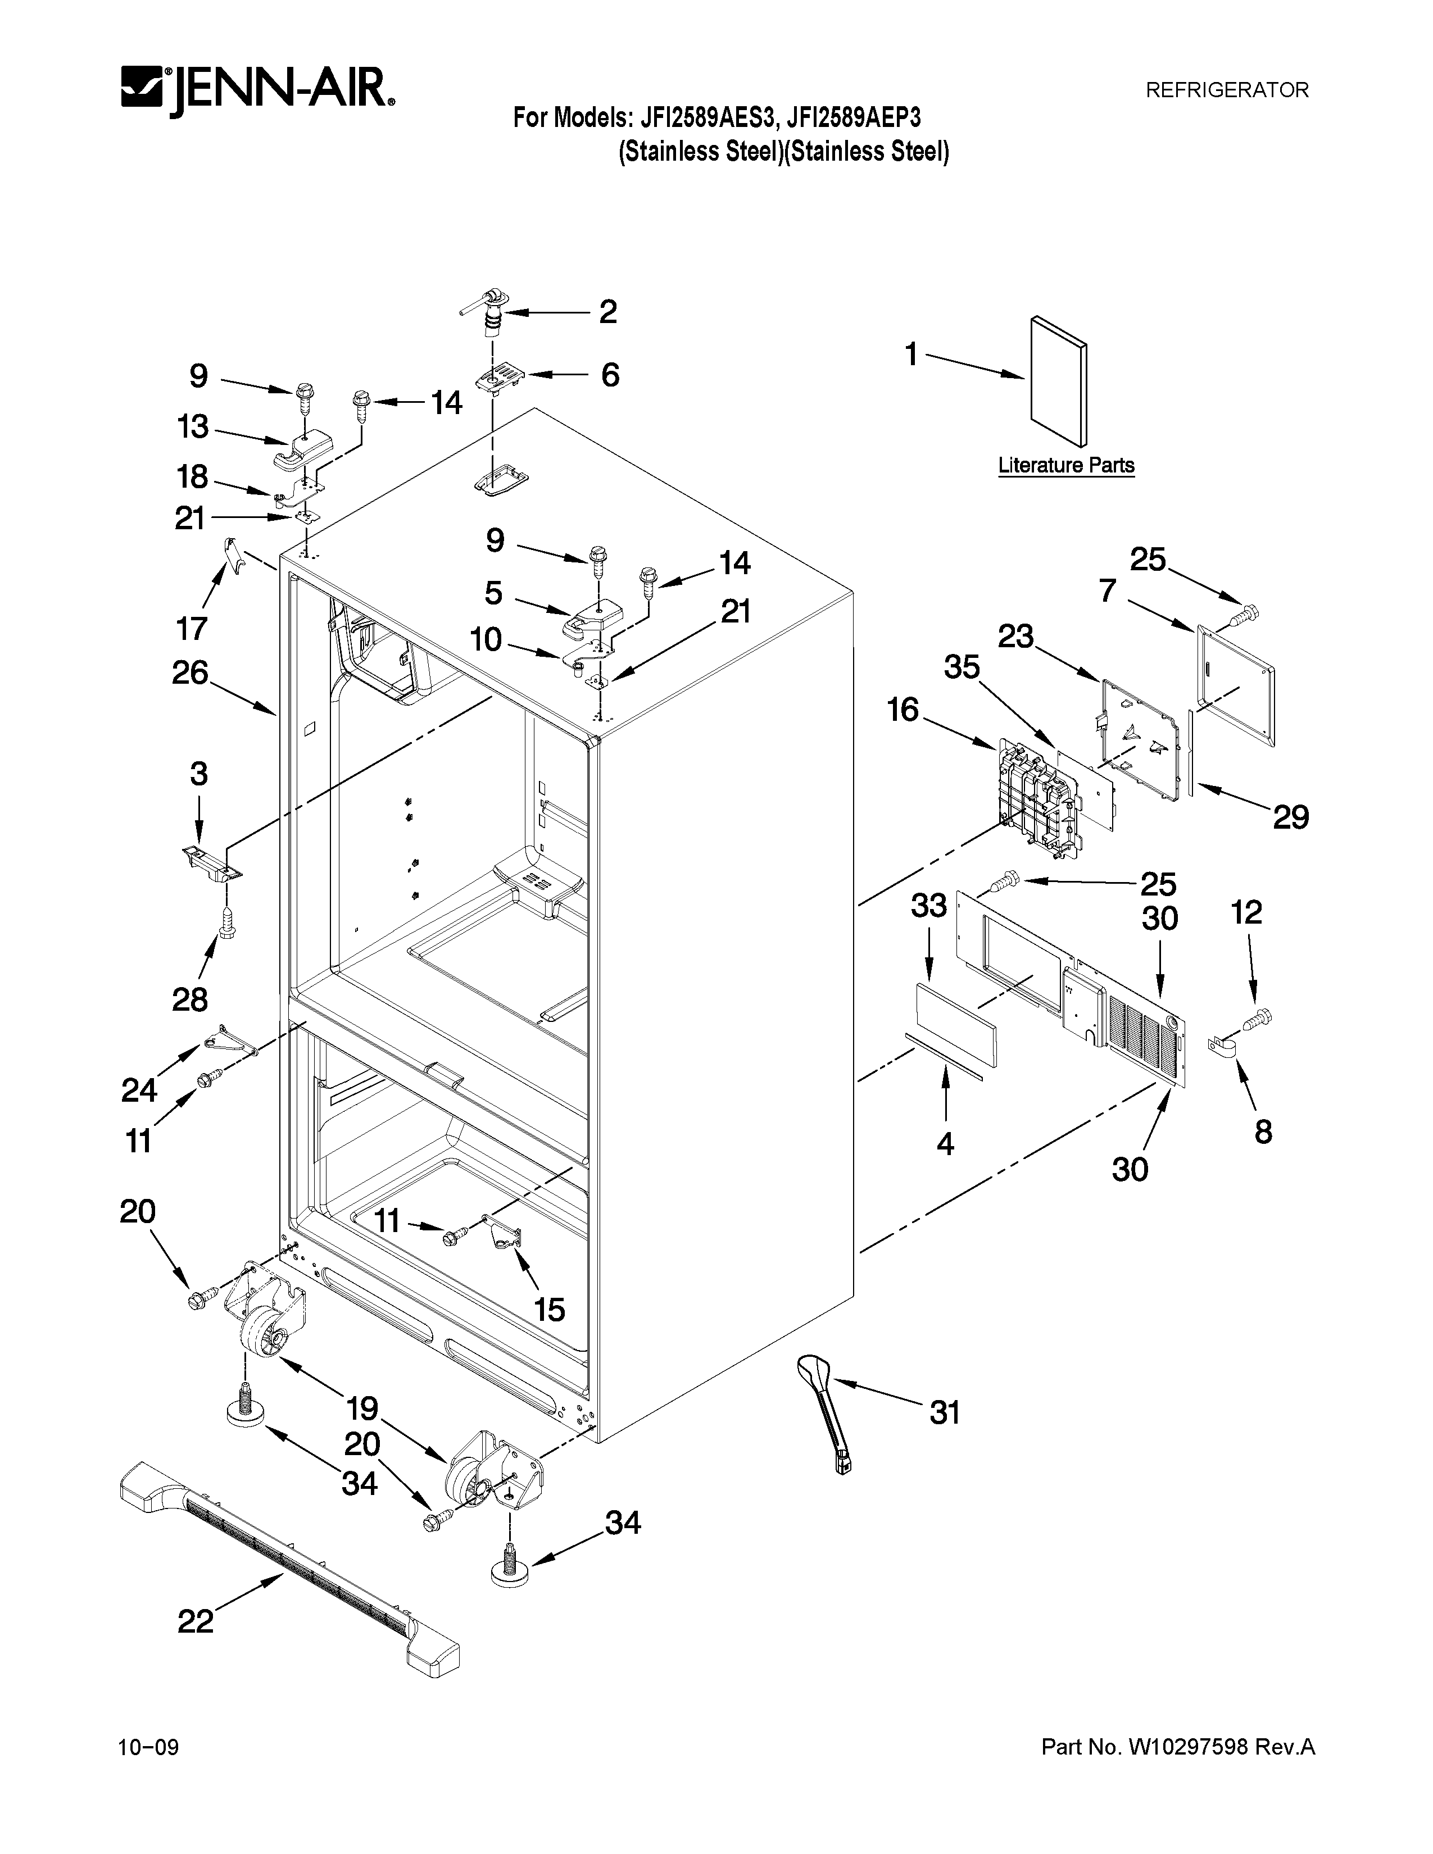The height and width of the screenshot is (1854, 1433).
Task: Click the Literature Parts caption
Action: [x=1065, y=465]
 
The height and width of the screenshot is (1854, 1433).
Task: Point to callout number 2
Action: [x=608, y=312]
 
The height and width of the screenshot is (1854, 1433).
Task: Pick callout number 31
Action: [x=944, y=1412]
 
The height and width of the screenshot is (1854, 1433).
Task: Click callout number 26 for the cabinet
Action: [x=190, y=672]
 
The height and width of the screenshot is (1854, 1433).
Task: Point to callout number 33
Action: [x=929, y=906]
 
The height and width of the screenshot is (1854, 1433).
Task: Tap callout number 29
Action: [x=1290, y=817]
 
